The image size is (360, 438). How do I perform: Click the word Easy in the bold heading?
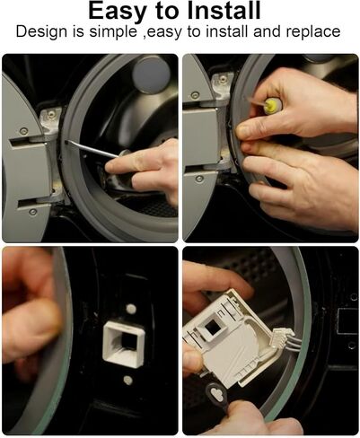119,11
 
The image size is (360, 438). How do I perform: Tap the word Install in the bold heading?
224,11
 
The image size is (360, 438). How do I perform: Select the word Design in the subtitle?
41,32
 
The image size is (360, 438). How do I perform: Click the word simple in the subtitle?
113,32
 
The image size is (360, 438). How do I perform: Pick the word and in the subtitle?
268,31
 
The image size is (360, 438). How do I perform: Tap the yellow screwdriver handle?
272,106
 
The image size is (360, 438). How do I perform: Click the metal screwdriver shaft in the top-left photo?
92,149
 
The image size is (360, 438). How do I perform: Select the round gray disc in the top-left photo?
152,74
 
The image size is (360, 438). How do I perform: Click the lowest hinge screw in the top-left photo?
33,212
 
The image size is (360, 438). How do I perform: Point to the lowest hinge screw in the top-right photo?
199,179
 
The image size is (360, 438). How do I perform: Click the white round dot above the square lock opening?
131,309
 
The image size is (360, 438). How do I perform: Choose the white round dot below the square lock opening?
128,381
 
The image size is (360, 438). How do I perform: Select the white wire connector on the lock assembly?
281,337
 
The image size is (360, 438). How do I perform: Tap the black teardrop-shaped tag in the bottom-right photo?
216,394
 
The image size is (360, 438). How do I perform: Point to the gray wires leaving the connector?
295,342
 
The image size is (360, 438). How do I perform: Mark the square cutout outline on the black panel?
347,321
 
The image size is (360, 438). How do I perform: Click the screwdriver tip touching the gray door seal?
67,141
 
